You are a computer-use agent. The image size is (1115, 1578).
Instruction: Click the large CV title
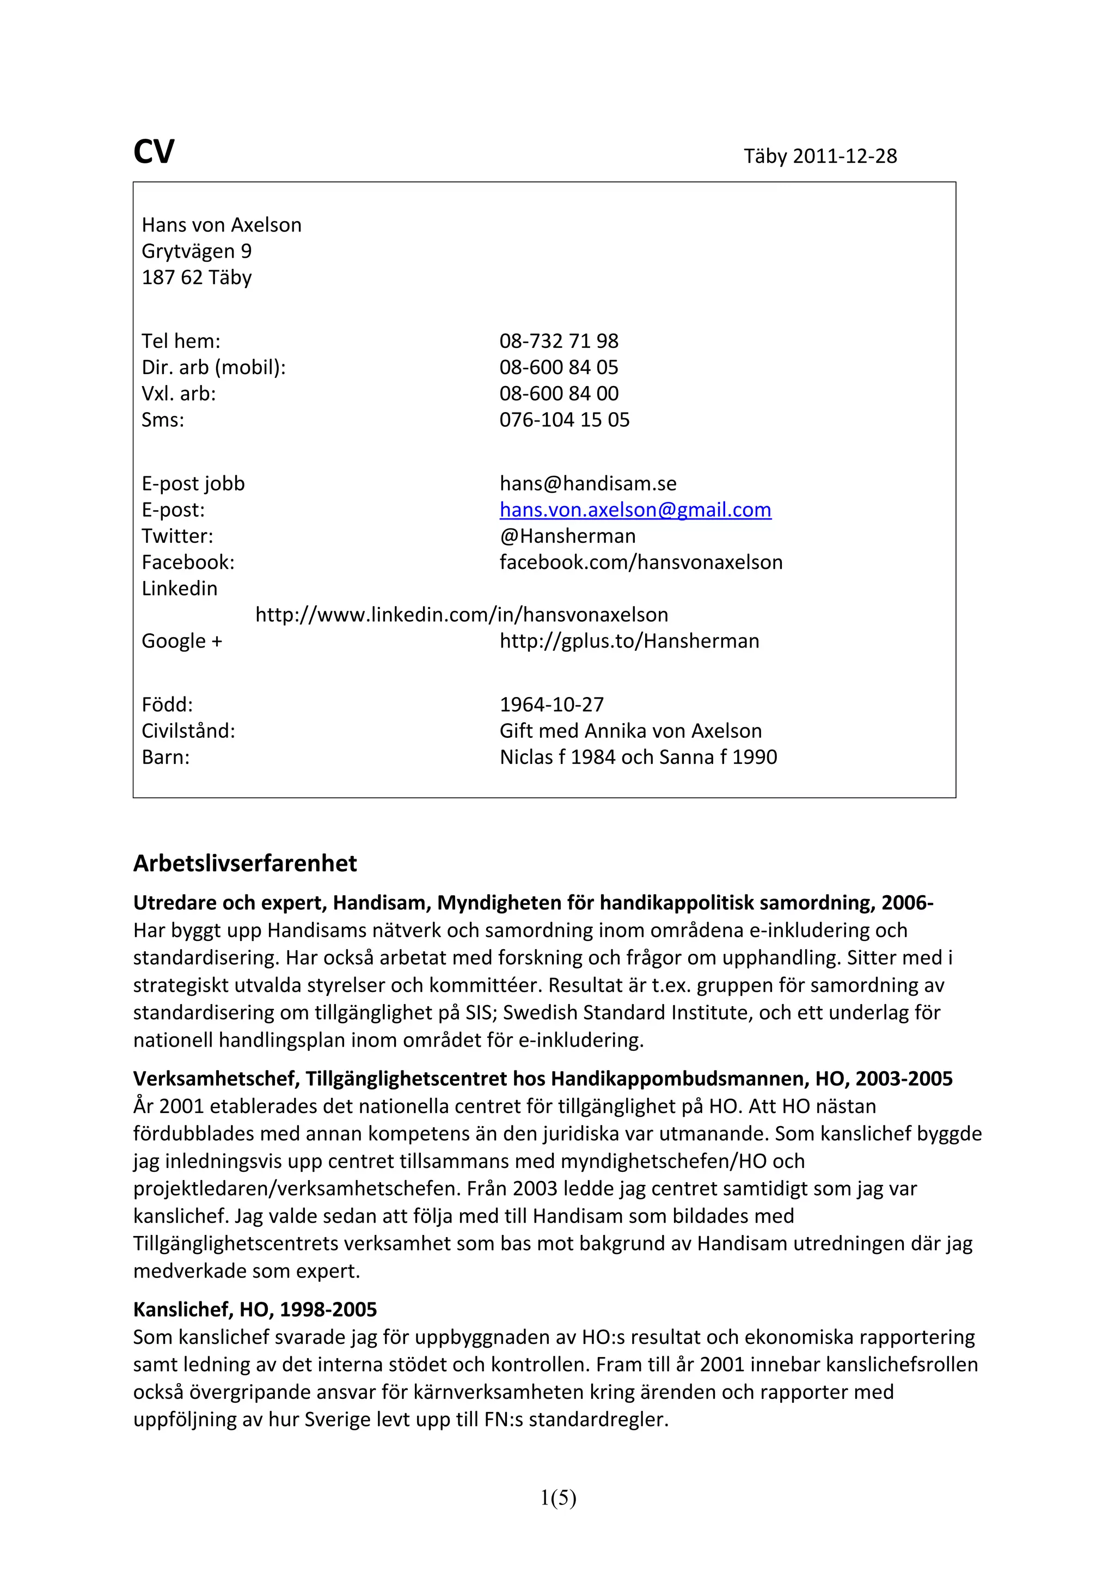tap(154, 152)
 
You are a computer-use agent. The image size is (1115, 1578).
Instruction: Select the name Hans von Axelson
tap(221, 225)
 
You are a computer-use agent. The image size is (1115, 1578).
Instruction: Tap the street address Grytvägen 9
tap(197, 251)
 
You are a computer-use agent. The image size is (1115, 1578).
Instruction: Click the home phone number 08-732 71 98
tap(559, 341)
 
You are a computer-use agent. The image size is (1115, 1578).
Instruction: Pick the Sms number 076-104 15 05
tap(564, 419)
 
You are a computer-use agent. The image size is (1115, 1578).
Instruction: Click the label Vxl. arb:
tap(179, 393)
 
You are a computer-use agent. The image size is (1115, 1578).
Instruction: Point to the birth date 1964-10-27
tap(552, 705)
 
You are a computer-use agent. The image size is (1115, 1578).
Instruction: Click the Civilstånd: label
tap(188, 731)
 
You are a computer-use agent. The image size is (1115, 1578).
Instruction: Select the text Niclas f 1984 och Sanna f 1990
tap(638, 757)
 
